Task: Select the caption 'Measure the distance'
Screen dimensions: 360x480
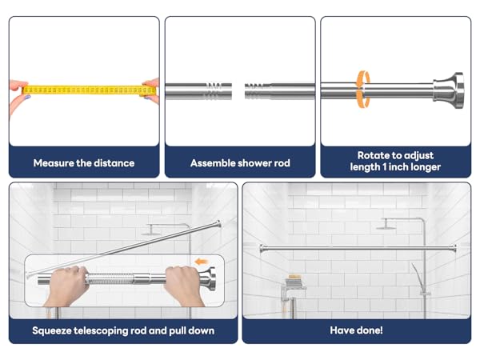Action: [83, 162]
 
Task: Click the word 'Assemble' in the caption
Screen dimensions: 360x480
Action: [213, 162]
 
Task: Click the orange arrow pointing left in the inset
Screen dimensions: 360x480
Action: [201, 261]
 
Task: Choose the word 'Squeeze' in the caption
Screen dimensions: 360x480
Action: [57, 330]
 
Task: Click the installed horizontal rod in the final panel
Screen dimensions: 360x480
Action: [356, 248]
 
